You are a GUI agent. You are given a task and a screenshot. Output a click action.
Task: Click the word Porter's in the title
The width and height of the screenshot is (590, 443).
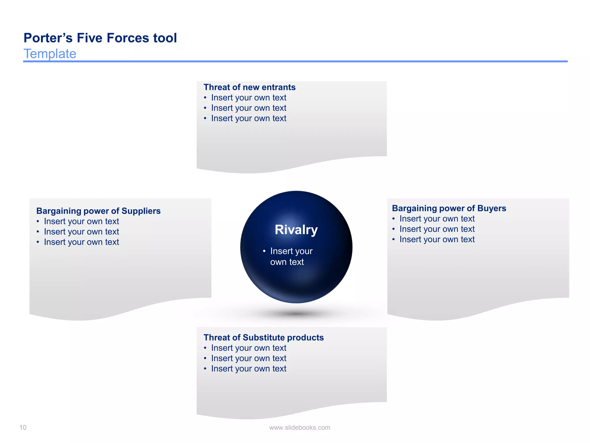(x=48, y=38)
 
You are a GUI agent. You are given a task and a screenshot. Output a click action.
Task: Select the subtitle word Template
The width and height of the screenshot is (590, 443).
(x=50, y=54)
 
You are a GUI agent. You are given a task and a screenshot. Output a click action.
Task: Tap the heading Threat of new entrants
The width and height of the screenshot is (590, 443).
(x=249, y=87)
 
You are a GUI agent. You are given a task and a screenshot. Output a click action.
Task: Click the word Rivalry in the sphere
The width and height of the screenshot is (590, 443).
(x=296, y=230)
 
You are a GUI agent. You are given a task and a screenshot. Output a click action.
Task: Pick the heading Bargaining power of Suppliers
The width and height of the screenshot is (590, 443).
(x=98, y=211)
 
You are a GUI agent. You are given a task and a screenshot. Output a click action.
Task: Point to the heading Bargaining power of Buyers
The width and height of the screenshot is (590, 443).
(x=449, y=208)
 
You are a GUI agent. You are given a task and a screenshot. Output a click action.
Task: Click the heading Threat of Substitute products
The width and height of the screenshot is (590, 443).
(x=264, y=337)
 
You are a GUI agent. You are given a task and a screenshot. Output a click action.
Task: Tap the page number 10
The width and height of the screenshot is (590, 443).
(x=23, y=427)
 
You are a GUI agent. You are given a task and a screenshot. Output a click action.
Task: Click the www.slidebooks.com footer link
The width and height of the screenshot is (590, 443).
(x=300, y=427)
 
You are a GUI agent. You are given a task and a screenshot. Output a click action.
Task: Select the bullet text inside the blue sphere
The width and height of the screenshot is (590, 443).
(x=291, y=256)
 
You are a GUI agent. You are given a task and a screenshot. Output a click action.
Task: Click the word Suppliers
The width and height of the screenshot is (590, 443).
(x=141, y=211)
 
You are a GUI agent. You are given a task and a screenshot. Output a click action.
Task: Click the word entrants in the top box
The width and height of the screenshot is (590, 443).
(x=279, y=87)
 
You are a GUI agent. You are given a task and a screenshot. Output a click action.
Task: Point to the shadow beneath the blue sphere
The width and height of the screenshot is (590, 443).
(x=296, y=314)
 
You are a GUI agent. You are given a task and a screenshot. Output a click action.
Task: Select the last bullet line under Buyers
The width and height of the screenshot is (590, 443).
(x=437, y=239)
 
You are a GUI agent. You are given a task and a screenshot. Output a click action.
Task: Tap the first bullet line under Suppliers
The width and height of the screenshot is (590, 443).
(x=81, y=221)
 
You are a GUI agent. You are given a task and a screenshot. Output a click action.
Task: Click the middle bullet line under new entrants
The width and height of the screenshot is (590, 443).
(x=248, y=108)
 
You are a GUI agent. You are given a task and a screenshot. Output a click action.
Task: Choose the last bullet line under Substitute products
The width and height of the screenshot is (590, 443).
(x=248, y=369)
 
